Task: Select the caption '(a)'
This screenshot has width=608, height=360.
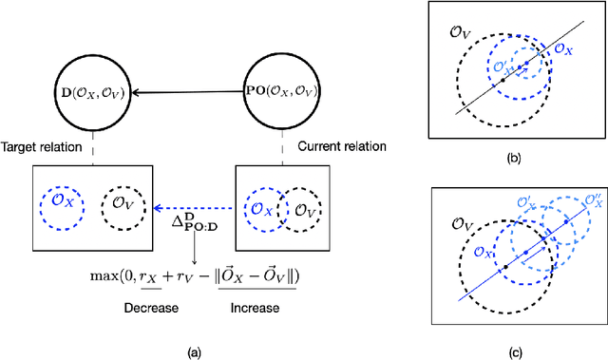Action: coord(194,352)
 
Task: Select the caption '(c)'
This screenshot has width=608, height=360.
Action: coord(514,352)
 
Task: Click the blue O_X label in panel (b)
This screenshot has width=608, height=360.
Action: coord(562,47)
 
